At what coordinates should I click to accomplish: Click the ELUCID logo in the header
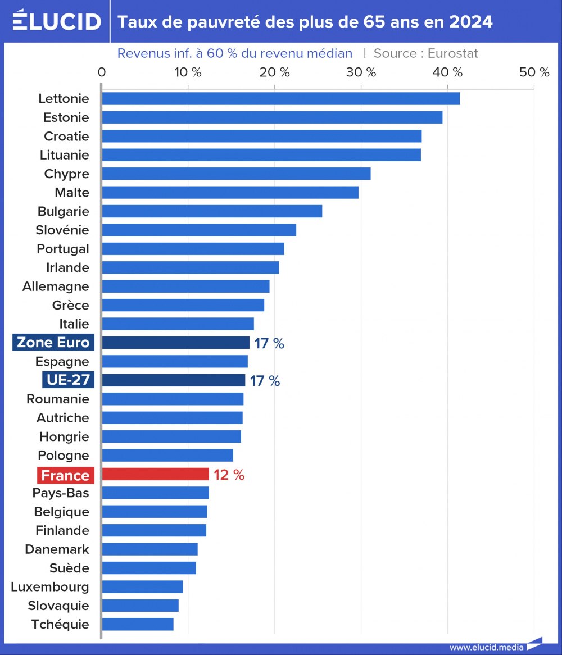point(56,21)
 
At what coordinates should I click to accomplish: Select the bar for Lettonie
point(280,98)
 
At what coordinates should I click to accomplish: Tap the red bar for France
point(155,475)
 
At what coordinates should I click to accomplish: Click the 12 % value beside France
point(229,475)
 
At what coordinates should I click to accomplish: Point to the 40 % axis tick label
point(447,72)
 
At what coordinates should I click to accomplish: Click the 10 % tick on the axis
point(188,72)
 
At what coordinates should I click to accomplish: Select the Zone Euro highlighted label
point(53,343)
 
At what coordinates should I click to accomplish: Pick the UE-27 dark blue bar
point(173,380)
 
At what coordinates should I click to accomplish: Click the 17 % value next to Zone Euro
point(269,343)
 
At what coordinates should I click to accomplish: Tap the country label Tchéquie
point(60,624)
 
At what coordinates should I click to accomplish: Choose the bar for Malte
point(230,193)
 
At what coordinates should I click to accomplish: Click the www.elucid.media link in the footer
point(486,647)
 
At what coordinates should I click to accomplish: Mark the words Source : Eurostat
point(425,53)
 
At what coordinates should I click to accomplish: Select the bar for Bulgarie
point(212,211)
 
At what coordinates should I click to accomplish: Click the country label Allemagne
point(56,286)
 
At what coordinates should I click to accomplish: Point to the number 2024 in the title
point(471,22)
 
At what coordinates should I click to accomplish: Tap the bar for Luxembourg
point(142,586)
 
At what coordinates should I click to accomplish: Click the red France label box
point(65,475)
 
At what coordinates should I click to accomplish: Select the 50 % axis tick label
point(534,72)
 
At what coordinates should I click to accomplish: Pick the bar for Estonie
point(272,117)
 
